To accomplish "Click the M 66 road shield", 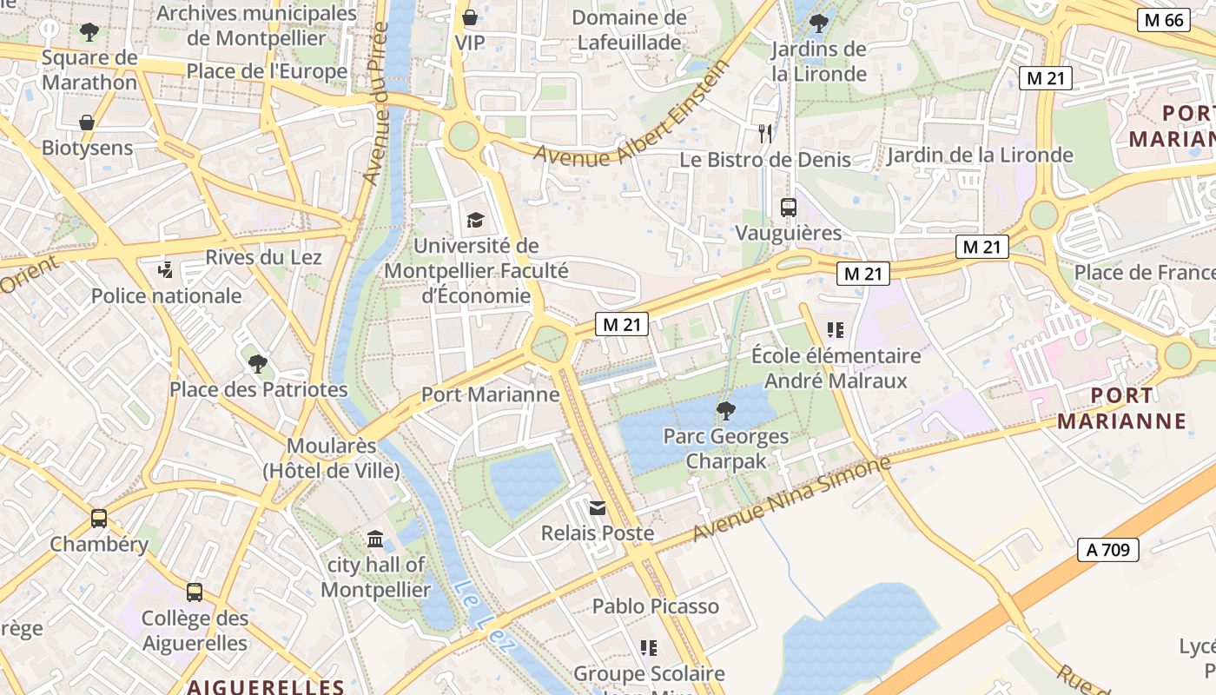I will click(x=1163, y=20).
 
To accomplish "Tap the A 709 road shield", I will click(x=1107, y=549).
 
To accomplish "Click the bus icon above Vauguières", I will click(x=788, y=208).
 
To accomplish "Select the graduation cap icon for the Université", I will click(x=475, y=221).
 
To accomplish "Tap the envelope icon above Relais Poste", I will click(x=598, y=507).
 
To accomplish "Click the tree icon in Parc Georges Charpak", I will click(x=725, y=410).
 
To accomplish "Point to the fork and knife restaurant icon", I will click(x=764, y=134).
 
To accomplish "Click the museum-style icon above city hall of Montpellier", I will click(x=375, y=539).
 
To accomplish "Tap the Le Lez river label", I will click(x=485, y=618).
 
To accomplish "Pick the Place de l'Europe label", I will click(x=267, y=71).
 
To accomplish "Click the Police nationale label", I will click(x=167, y=295).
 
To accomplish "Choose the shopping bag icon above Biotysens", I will click(x=87, y=122).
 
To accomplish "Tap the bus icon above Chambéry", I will click(x=99, y=519).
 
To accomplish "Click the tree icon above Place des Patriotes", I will click(x=257, y=364).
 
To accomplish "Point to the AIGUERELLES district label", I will click(x=266, y=686).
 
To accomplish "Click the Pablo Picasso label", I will click(x=656, y=606).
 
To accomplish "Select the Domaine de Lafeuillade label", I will click(x=629, y=30).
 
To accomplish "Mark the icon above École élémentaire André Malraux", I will click(x=836, y=330).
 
